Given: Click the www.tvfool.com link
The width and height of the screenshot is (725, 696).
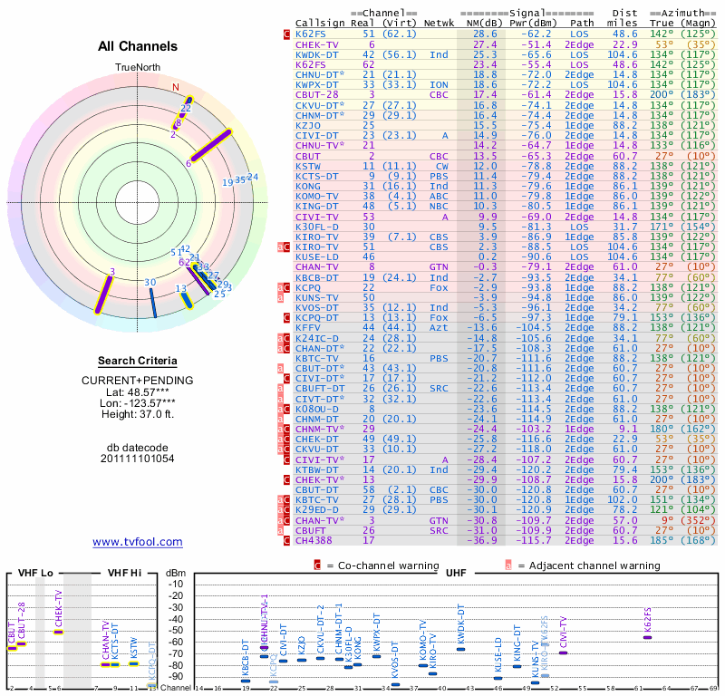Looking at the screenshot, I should coord(137,542).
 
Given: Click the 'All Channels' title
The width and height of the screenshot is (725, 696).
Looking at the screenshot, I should coord(138,46).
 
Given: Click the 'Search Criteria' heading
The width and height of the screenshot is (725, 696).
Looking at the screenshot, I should coord(137,361).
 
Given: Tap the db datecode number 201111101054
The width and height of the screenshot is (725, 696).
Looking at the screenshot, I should coord(137,458).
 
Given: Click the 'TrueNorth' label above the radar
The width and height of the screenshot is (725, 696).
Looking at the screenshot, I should coord(137,68).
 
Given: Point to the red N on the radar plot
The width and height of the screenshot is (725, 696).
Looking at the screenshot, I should coord(177,88).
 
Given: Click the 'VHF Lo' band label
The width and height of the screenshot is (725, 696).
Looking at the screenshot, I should coord(35,573).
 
